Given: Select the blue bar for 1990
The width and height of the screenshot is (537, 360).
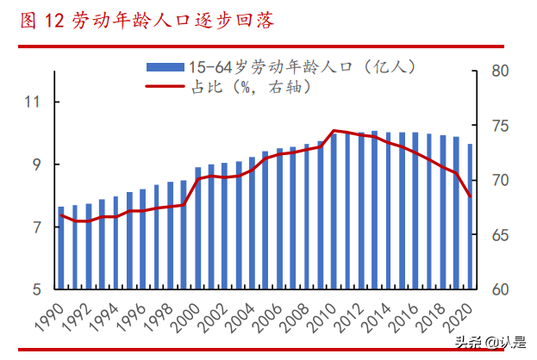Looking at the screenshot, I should click(x=61, y=247).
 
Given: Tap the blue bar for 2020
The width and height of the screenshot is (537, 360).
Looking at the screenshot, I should click(x=470, y=215).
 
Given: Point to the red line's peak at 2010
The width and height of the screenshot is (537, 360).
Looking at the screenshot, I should click(x=334, y=130).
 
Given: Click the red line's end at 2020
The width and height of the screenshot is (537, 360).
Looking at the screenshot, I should click(x=470, y=197).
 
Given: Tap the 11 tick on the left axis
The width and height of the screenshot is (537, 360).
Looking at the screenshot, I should click(x=34, y=102).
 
